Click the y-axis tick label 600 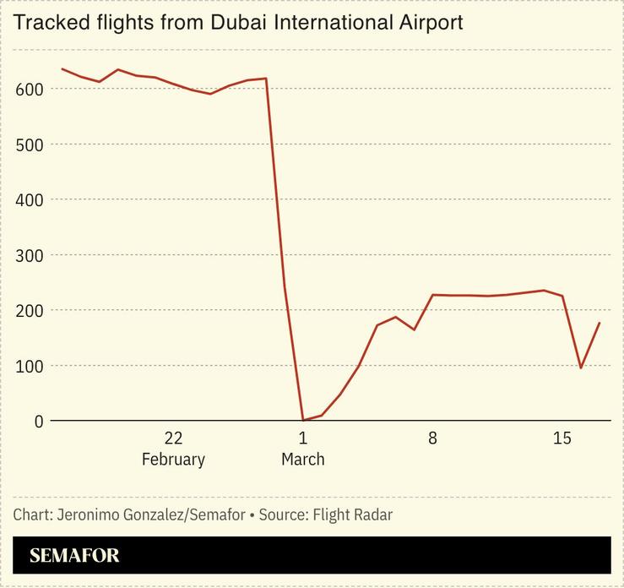point(30,89)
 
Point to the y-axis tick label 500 point(30,144)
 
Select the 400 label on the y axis point(30,199)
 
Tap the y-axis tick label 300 point(30,255)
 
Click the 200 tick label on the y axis point(30,310)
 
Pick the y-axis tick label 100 point(30,366)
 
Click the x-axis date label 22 point(173,438)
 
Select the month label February point(173,460)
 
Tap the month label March point(302,460)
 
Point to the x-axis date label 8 point(432,438)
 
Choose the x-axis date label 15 point(562,438)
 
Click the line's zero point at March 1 point(303,420)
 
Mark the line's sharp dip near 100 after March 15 point(581,367)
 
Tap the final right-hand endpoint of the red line point(600,323)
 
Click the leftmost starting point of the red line point(62,68)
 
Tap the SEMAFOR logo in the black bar point(74,555)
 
